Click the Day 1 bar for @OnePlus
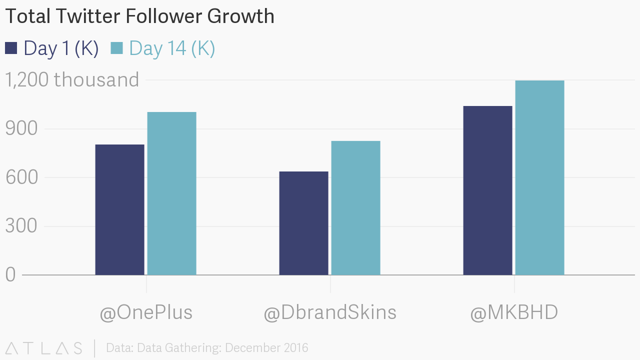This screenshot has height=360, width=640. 119,209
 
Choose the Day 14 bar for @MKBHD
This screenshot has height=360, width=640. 539,177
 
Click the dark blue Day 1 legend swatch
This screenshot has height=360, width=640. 11,48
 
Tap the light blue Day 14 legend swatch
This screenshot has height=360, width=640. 116,48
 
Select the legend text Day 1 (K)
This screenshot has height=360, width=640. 61,48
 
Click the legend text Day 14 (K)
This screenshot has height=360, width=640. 172,48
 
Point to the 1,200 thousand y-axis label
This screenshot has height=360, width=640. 72,80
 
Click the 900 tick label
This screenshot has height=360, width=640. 21,128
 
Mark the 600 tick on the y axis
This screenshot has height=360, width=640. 21,177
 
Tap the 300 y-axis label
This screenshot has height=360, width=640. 21,226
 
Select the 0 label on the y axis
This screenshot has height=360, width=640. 11,274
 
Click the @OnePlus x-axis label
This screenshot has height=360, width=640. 146,312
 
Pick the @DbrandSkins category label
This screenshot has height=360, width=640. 330,312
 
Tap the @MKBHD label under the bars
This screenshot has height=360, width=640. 514,312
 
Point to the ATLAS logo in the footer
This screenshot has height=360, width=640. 44,348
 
